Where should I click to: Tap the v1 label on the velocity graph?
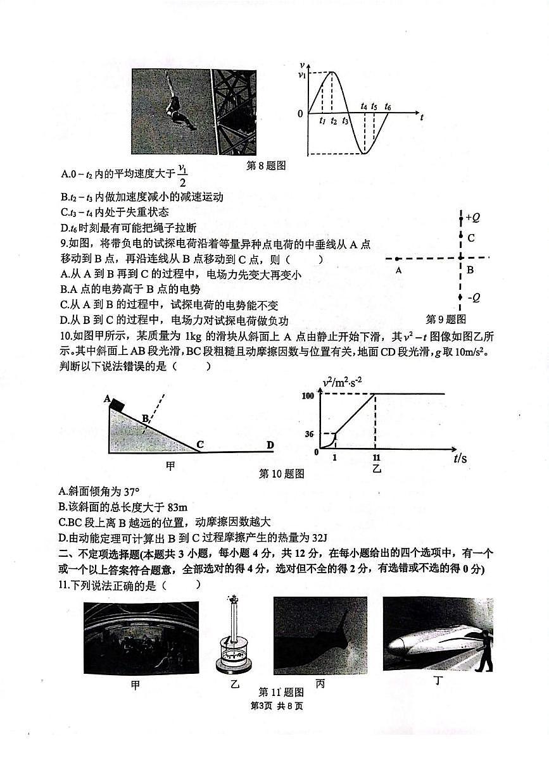click(301, 74)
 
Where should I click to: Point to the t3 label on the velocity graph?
click(345, 120)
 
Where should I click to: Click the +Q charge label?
click(472, 218)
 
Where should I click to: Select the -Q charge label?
click(472, 297)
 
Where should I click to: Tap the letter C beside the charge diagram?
click(471, 239)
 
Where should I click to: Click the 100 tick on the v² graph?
click(309, 395)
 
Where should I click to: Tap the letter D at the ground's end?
click(270, 445)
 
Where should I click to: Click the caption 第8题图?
click(266, 166)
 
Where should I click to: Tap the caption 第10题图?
click(282, 474)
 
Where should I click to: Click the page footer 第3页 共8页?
click(277, 706)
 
